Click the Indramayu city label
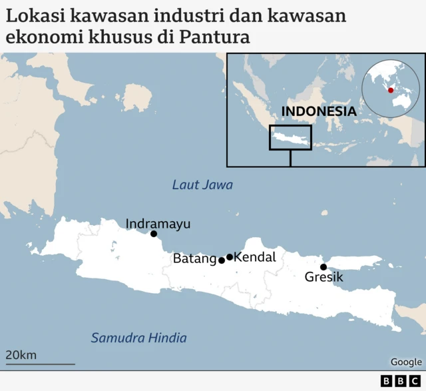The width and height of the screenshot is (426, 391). (158, 224)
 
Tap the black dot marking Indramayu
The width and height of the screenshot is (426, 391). (154, 234)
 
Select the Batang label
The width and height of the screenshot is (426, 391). (194, 258)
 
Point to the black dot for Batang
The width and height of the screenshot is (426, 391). (222, 260)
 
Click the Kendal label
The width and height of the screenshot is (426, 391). (256, 257)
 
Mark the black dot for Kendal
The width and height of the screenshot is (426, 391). (230, 257)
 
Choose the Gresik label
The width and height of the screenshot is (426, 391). (323, 277)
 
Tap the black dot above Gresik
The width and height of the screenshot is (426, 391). (323, 267)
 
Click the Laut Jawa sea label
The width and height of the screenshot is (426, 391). (202, 185)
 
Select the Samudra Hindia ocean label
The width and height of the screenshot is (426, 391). (138, 338)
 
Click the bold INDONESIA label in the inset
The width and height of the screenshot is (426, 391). (319, 111)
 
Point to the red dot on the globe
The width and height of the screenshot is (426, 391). (391, 91)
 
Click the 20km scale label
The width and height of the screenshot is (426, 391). (21, 355)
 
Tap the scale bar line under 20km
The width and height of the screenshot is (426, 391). (40, 364)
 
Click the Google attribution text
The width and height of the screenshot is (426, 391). (406, 362)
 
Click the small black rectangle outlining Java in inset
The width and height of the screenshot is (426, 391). (290, 138)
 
